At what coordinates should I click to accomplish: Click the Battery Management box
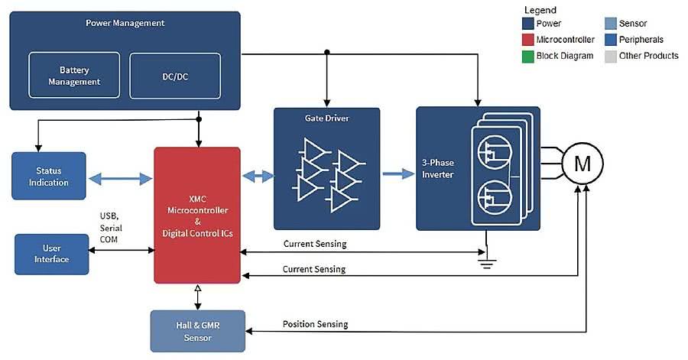click(x=74, y=75)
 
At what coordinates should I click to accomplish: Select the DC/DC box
click(x=175, y=75)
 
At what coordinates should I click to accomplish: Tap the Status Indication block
click(x=49, y=177)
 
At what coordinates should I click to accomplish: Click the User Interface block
click(x=52, y=254)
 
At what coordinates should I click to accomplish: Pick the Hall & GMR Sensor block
click(x=197, y=331)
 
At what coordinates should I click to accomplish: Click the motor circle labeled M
click(x=583, y=164)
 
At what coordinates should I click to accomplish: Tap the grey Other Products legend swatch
click(x=609, y=56)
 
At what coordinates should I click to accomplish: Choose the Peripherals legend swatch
click(x=609, y=40)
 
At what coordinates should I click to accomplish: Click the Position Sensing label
click(x=315, y=324)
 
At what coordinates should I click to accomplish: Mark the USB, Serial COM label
click(x=111, y=228)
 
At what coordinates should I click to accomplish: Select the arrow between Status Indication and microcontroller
click(x=120, y=178)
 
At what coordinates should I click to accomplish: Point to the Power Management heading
click(x=125, y=22)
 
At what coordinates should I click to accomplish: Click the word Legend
click(x=540, y=10)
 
